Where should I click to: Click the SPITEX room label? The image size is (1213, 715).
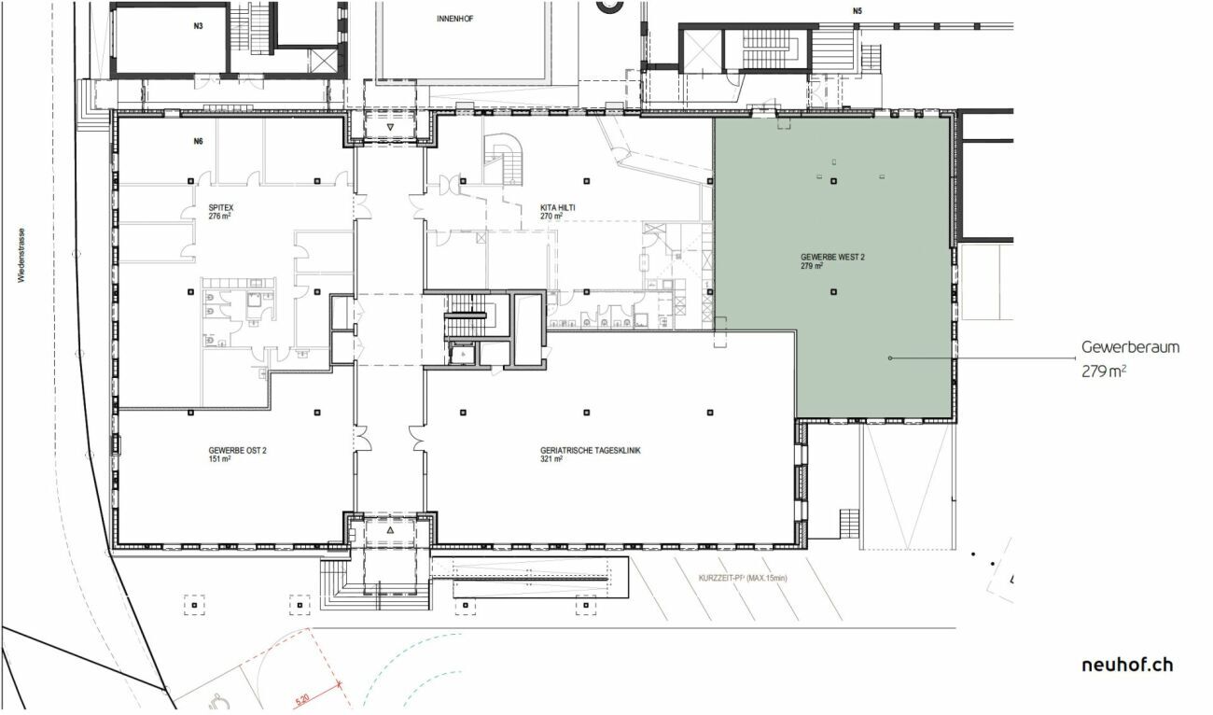220,208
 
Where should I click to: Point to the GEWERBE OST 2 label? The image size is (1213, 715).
230,450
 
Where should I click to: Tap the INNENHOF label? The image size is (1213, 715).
455,18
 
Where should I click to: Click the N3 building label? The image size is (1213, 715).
199,26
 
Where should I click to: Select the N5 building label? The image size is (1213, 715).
857,11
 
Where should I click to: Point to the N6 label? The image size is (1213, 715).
198,142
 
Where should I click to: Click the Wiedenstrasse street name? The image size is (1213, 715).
21,253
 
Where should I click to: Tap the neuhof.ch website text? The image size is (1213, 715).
1126,665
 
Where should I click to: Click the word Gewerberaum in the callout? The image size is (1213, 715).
1130,347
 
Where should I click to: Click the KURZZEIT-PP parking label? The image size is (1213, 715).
743,579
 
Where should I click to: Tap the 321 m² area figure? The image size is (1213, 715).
551,459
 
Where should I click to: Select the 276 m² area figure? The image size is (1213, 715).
219,217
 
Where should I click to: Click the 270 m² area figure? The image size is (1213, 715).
551,216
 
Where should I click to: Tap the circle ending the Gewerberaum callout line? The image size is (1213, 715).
890,357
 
